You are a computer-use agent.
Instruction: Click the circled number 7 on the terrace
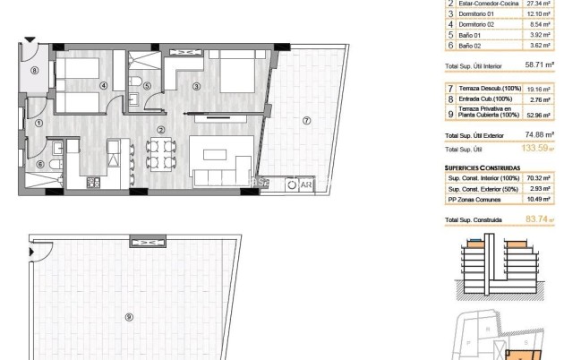[x=306, y=121]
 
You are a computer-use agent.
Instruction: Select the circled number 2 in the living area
[x=160, y=130]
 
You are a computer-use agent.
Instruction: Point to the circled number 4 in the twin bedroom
[x=103, y=86]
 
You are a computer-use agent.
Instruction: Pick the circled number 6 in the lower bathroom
[x=41, y=164]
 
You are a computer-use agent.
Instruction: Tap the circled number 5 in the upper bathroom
[x=148, y=86]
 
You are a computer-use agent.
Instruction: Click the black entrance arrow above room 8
[x=31, y=40]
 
